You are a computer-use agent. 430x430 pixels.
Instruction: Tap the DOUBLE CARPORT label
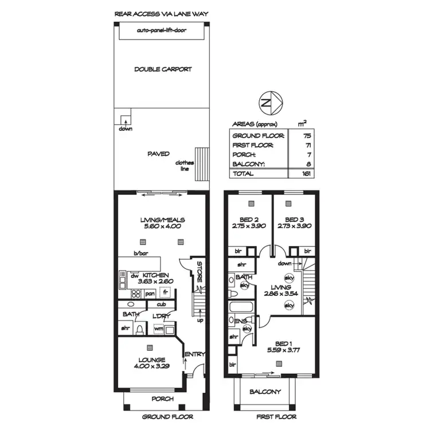pos(163,69)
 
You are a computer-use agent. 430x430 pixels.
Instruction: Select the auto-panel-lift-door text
pos(163,30)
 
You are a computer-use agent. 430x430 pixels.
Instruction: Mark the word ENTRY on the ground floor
pos(195,354)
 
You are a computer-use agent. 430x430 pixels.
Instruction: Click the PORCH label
pos(162,399)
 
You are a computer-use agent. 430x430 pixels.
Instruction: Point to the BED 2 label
pos(248,219)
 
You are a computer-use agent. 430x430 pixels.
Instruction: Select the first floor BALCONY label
pos(265,392)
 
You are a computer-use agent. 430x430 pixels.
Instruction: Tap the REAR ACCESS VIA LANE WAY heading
pos(162,13)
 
